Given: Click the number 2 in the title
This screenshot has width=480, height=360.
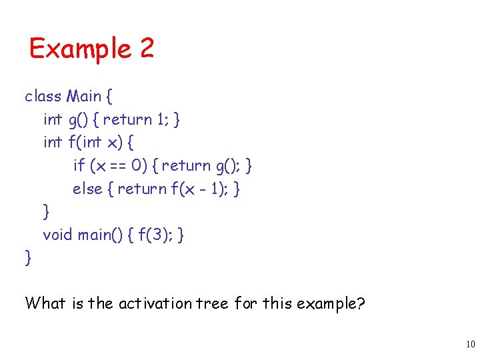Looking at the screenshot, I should tap(147, 48).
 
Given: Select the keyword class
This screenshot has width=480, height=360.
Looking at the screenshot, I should tap(43, 96).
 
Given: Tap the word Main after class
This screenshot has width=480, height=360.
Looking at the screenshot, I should tap(83, 96).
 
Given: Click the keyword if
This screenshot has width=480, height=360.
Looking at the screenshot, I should tap(79, 165).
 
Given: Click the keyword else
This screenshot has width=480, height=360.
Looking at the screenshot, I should tap(87, 189).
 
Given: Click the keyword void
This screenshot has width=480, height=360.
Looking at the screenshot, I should tap(57, 234).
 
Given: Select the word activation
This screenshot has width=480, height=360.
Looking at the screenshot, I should tap(153, 303).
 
